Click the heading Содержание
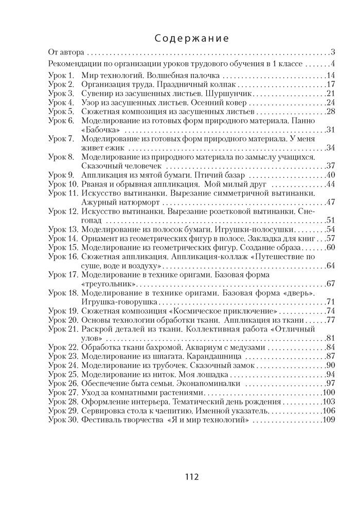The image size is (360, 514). pos(191,39)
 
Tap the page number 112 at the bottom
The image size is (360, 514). pos(191,477)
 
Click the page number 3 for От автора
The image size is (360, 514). pos(333,52)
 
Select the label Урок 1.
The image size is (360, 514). pos(61,76)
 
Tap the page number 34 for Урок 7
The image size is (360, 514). pos(331,148)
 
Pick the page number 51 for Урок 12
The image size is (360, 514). pos(331,221)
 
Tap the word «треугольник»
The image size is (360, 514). pos(109,284)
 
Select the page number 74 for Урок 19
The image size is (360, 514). pos(331,311)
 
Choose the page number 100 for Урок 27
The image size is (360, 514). pos(329,393)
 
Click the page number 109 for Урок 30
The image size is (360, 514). pos(329,420)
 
